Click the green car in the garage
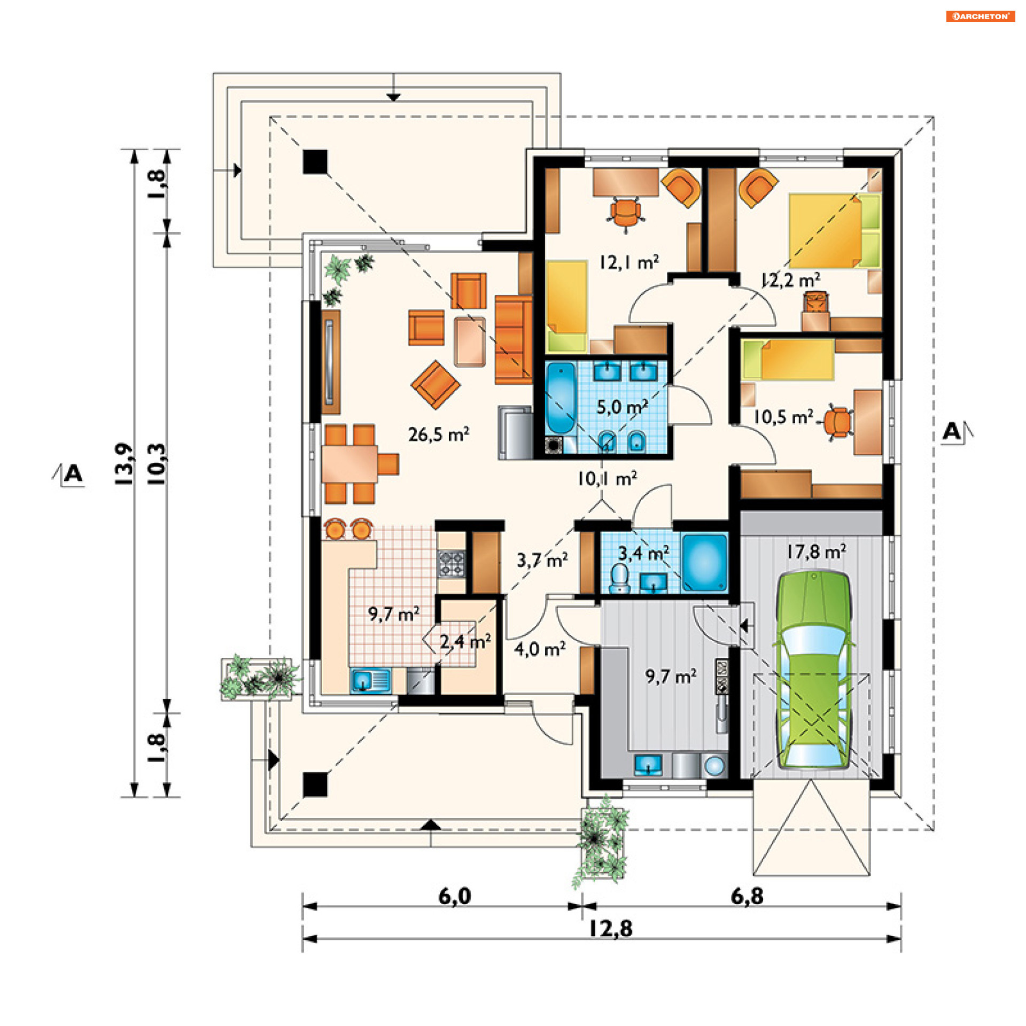pos(812,670)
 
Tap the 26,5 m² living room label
pos(439,434)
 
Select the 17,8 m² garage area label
pos(816,551)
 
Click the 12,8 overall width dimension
pos(611,929)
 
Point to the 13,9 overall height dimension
pos(123,464)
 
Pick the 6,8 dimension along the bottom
pos(747,896)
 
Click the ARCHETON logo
pos(981,16)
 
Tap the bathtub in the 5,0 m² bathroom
pos(561,398)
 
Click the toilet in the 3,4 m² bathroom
pos(620,579)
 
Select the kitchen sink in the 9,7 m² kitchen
pos(370,681)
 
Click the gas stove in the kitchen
pos(452,564)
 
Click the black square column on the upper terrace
pos(315,162)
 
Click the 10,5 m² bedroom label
pos(783,417)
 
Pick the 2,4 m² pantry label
pos(465,641)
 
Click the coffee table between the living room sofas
pos(470,342)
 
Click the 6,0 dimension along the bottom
pos(455,896)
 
